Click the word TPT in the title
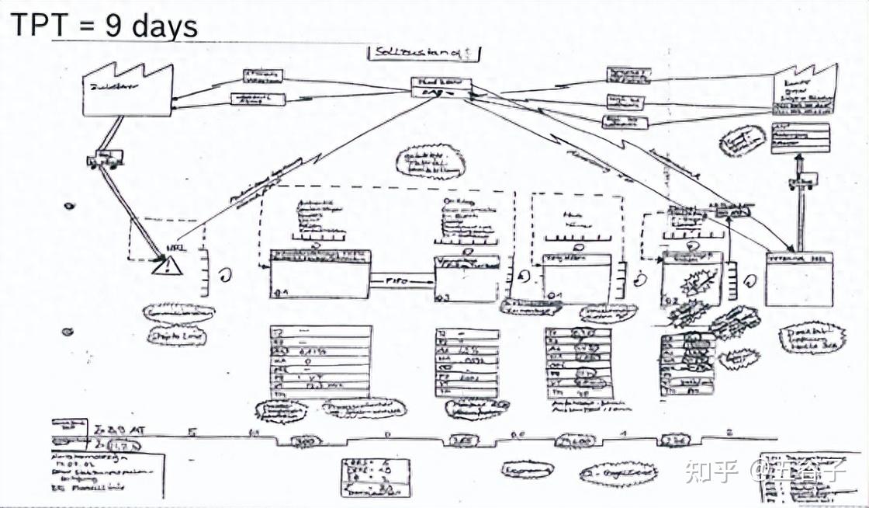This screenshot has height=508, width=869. (33, 26)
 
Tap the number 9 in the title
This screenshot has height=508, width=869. (113, 26)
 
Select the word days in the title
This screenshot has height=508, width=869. (165, 26)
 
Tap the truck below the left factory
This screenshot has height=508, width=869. (103, 159)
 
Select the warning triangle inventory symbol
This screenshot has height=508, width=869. (166, 266)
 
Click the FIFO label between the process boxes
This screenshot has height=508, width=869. (400, 277)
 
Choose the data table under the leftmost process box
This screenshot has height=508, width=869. (320, 361)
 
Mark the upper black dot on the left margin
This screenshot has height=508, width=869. (69, 207)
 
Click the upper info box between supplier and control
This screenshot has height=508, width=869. (263, 75)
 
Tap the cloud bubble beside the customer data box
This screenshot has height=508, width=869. (742, 141)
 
